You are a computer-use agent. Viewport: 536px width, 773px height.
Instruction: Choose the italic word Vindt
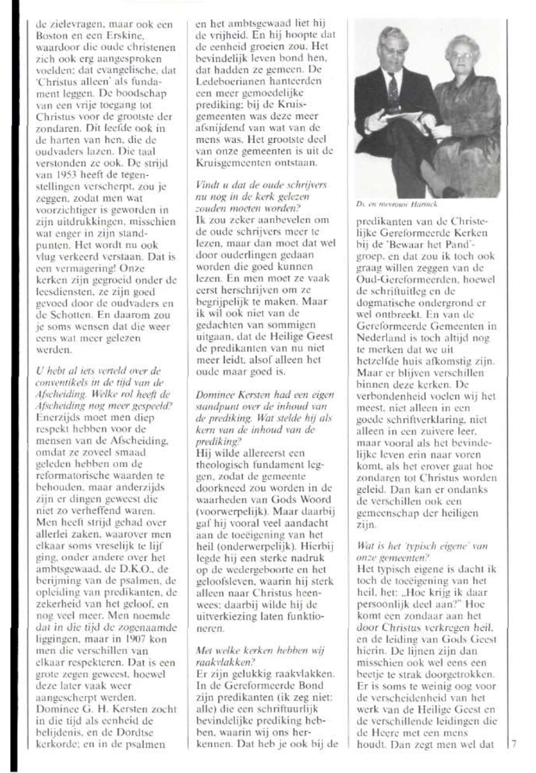(x=204, y=185)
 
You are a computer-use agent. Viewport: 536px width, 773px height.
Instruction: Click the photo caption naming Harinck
(x=397, y=204)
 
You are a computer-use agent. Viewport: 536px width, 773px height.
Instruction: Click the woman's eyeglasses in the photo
(x=459, y=55)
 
